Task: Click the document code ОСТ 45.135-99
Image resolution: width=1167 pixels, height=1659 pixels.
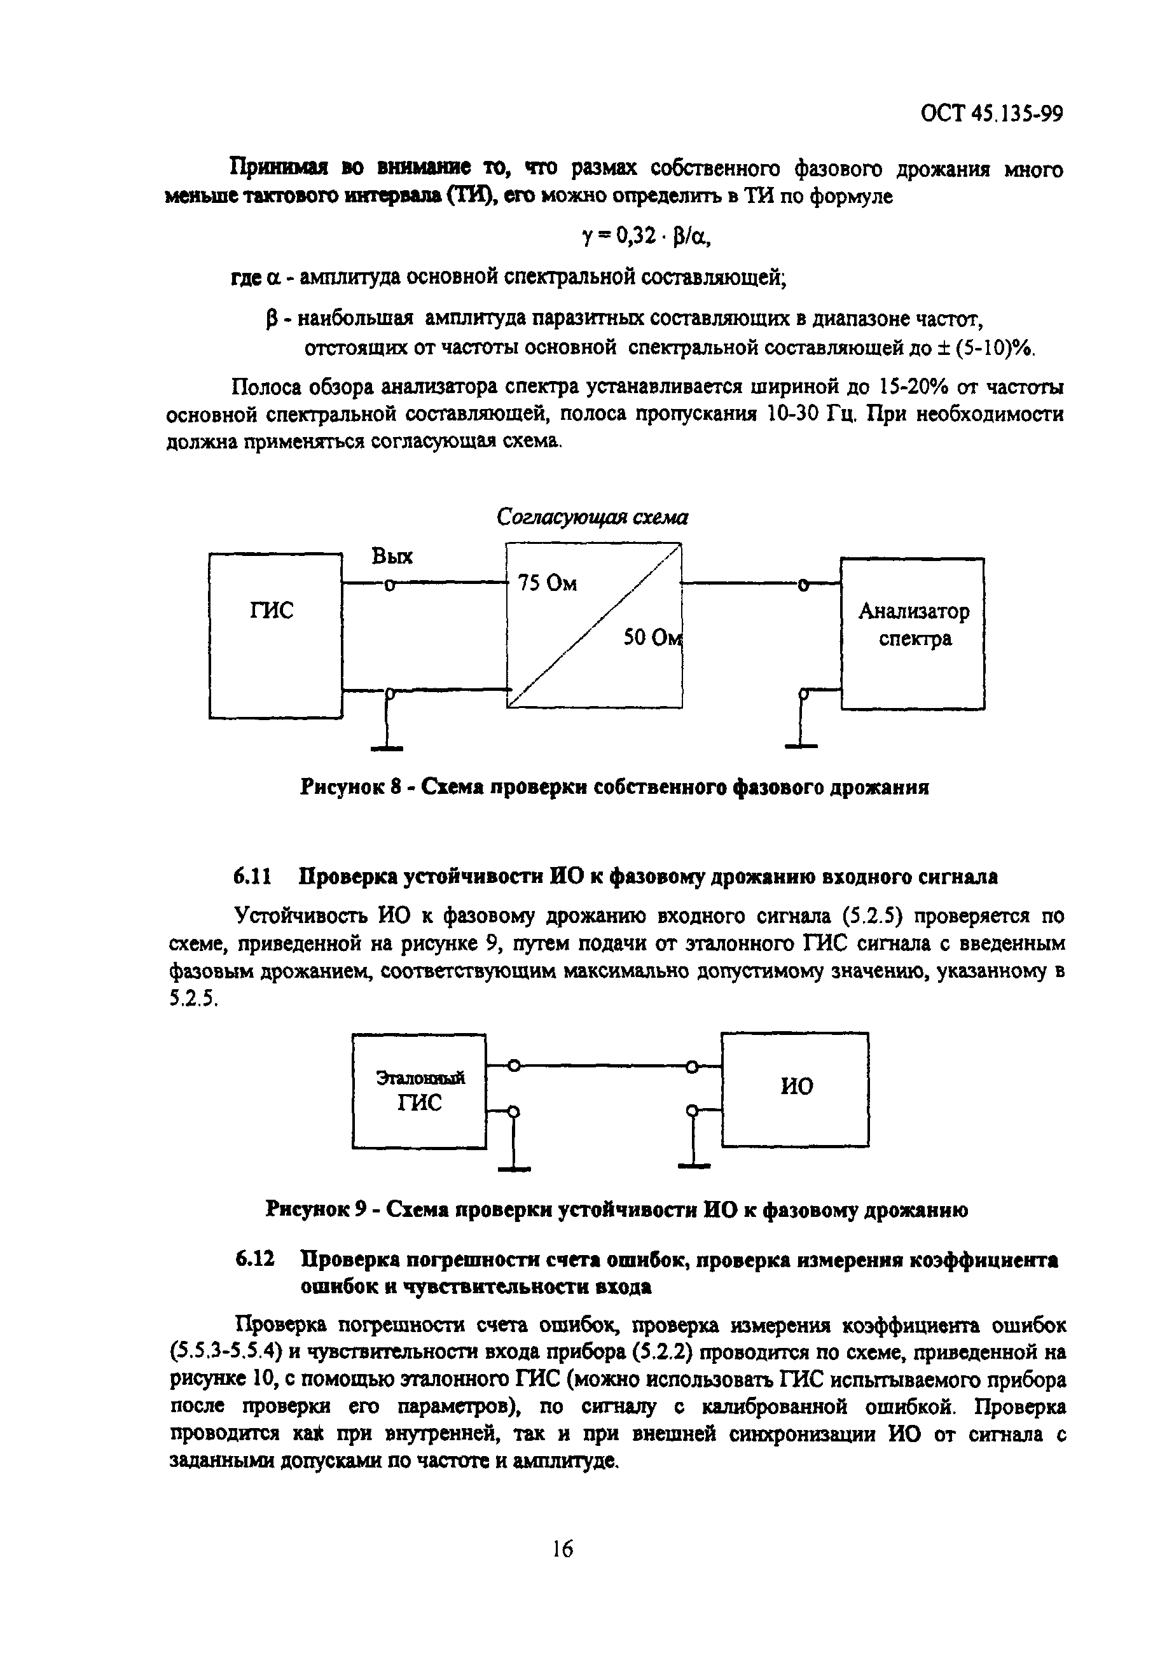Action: coord(991,114)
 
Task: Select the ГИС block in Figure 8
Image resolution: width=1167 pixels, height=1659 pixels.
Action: coord(275,636)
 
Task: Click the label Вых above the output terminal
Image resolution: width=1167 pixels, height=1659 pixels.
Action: coord(392,557)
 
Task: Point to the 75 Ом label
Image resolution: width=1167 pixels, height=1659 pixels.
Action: coord(548,584)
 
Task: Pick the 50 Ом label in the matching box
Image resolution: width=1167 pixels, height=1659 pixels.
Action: coord(652,638)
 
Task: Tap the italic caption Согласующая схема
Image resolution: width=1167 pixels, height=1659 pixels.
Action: coord(592,517)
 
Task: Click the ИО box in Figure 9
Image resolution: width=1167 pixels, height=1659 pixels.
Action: coord(796,1089)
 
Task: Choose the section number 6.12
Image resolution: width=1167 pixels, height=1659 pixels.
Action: coord(254,1260)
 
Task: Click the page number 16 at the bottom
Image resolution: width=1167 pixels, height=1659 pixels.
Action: coord(562,1548)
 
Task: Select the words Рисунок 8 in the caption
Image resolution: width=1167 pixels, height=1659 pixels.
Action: coord(350,788)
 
